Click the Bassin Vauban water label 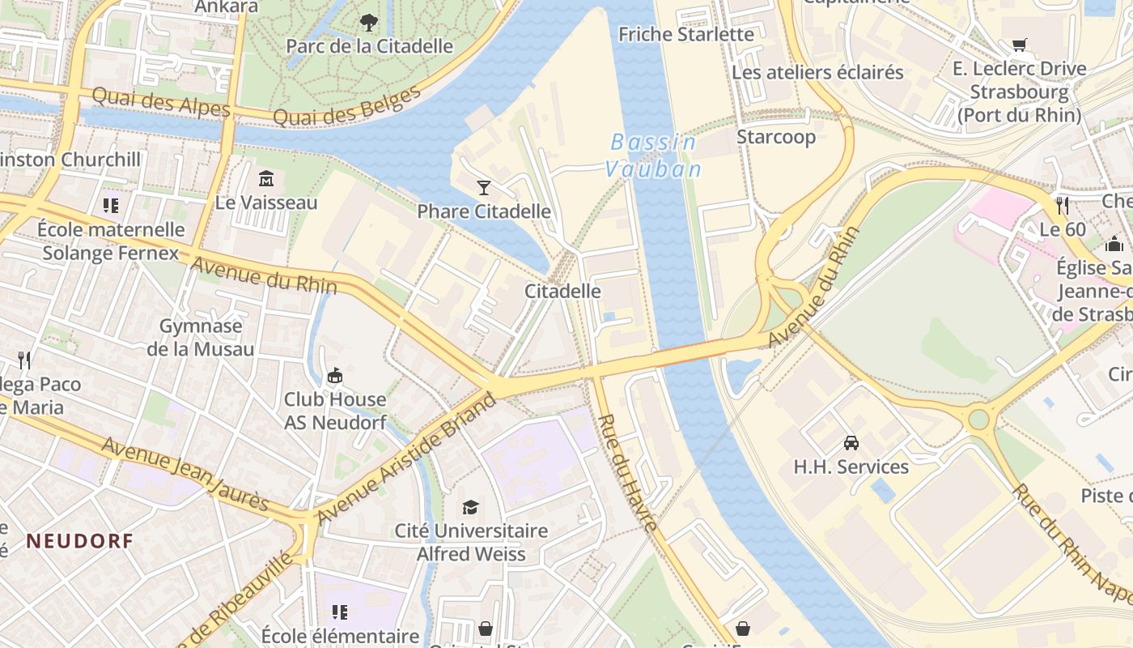(x=652, y=156)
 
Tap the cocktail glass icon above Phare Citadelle (x=484, y=188)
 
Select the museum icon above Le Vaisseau (x=266, y=178)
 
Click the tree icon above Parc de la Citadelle (x=369, y=22)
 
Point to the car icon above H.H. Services (x=851, y=443)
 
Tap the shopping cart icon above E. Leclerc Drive (x=1019, y=45)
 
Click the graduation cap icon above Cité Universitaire (x=470, y=507)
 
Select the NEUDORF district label (x=79, y=541)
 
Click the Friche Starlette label (x=686, y=34)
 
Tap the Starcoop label (x=775, y=137)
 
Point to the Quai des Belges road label (x=348, y=106)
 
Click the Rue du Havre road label (x=629, y=472)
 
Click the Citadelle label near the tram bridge (x=562, y=291)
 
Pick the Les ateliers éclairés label (x=817, y=72)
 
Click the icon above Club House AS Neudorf (x=334, y=376)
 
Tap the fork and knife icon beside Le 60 (x=1062, y=205)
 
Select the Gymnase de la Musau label (x=200, y=338)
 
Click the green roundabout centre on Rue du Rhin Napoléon (x=979, y=419)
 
